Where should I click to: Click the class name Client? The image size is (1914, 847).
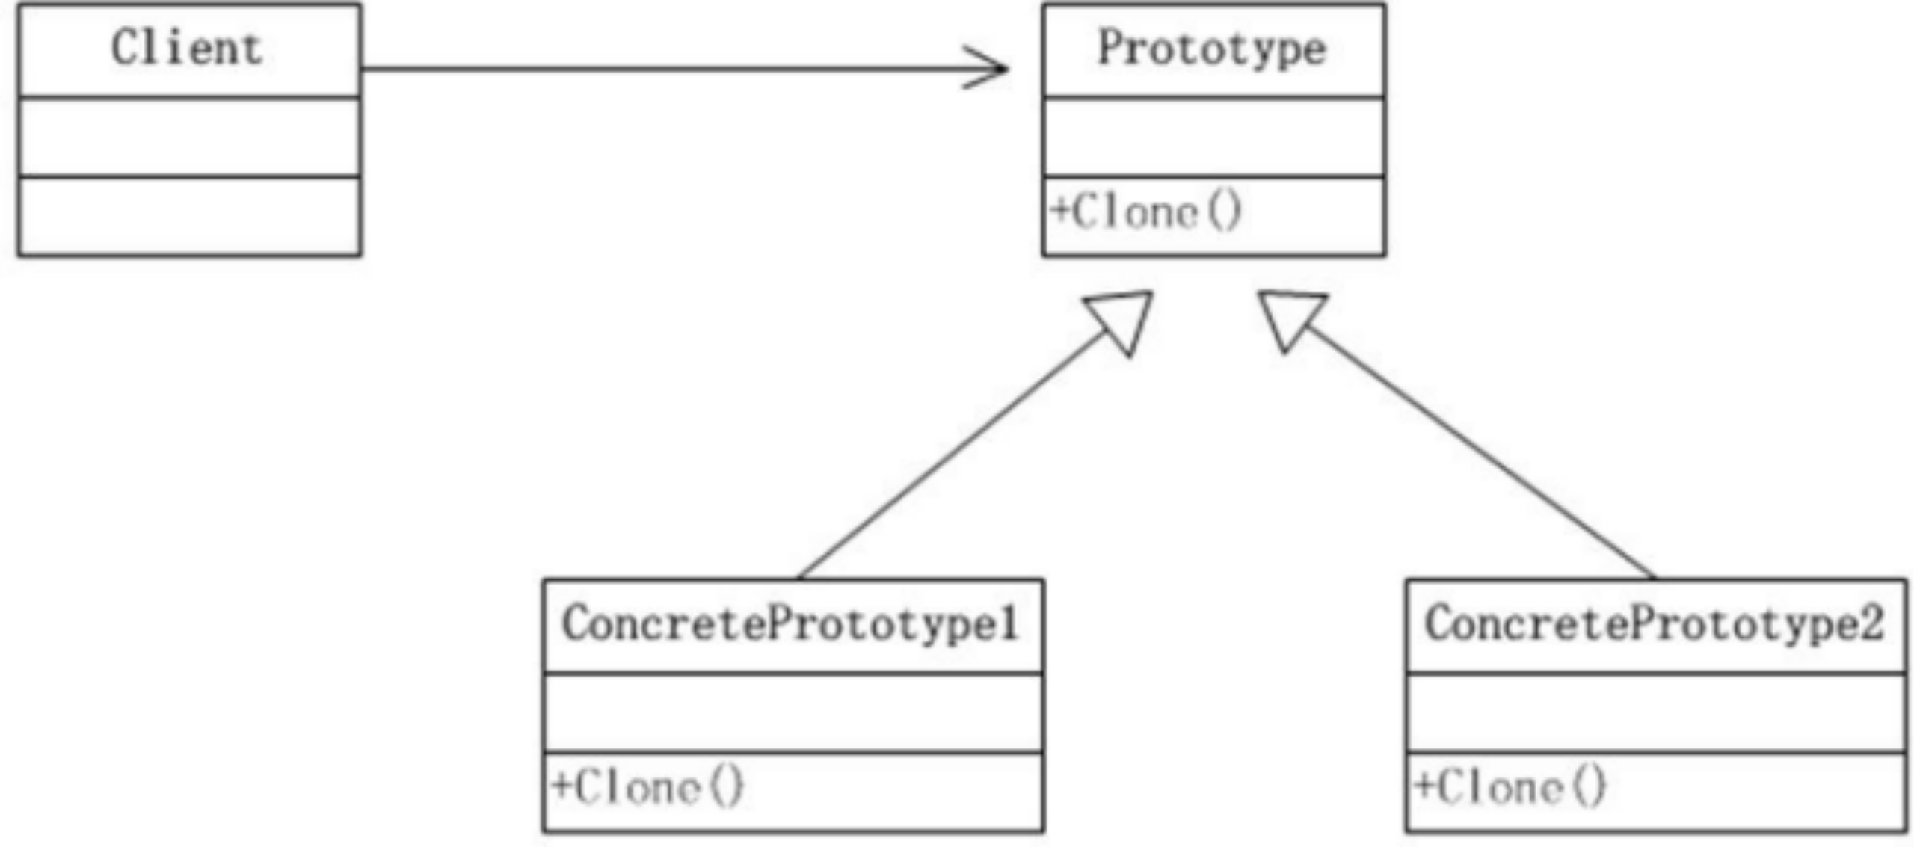pyautogui.click(x=187, y=49)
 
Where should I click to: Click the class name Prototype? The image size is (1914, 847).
pyautogui.click(x=1211, y=49)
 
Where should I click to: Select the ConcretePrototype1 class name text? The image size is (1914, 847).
pyautogui.click(x=791, y=624)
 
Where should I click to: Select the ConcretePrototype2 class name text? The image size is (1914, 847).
pyautogui.click(x=1654, y=624)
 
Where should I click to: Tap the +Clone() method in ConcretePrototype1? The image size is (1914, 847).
pyautogui.click(x=647, y=787)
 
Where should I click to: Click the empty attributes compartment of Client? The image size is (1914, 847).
pyautogui.click(x=188, y=137)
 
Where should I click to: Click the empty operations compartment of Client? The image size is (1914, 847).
pyautogui.click(x=188, y=217)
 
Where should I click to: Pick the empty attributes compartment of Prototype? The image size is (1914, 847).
pyautogui.click(x=1213, y=137)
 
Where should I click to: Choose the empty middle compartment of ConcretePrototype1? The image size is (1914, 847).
pyautogui.click(x=793, y=712)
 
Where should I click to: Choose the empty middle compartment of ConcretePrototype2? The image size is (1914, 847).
pyautogui.click(x=1655, y=712)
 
